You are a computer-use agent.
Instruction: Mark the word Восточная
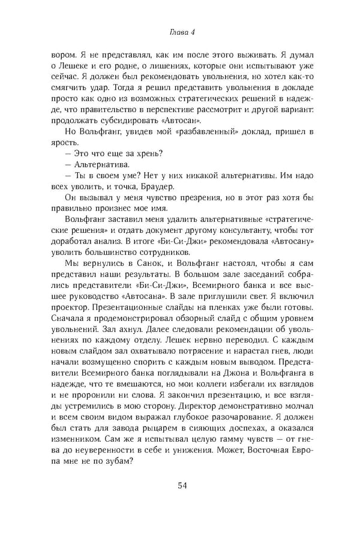tap(266, 472)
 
